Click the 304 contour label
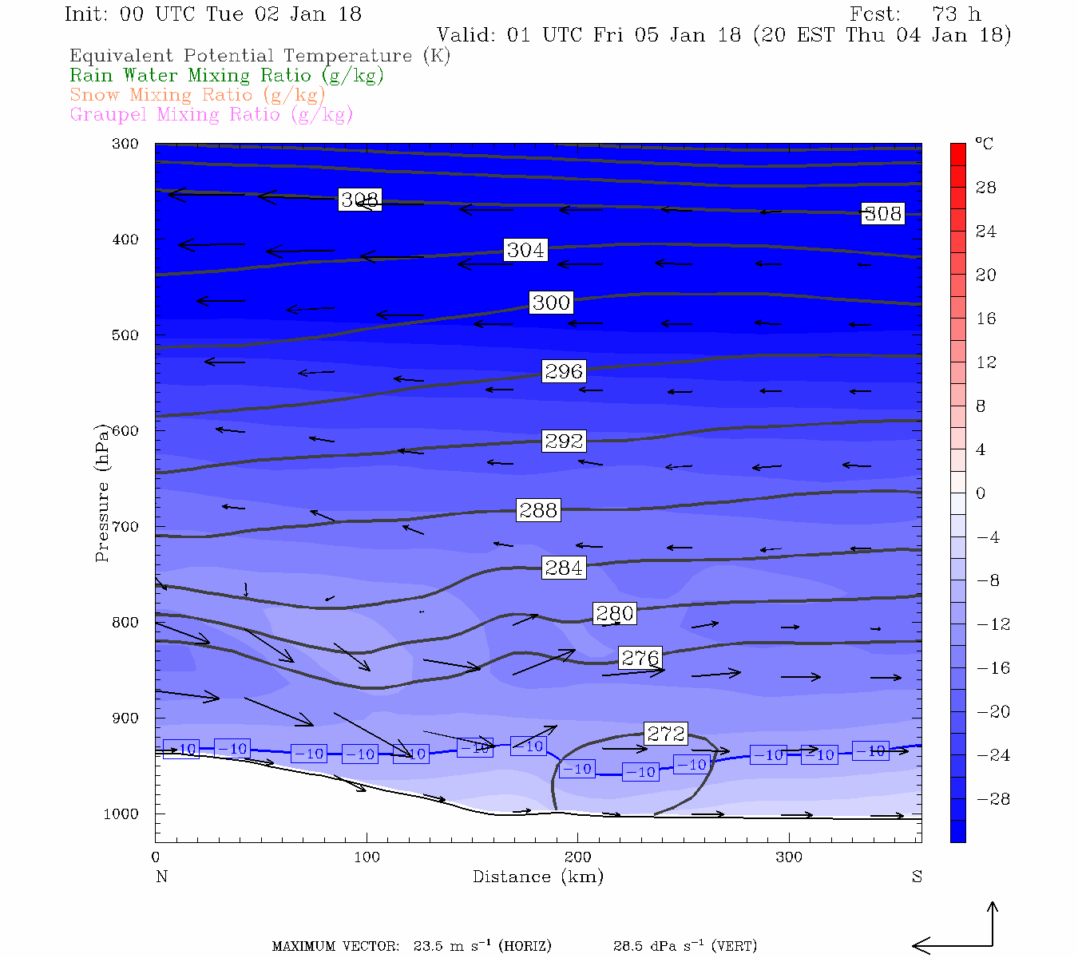coord(525,250)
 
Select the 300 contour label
coord(551,303)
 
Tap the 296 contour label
coord(564,371)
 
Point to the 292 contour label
coord(564,441)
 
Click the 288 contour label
coord(538,510)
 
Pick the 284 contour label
coord(564,568)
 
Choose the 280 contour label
coord(615,613)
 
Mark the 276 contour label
coord(640,658)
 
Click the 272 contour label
coord(666,734)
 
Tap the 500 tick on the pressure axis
coord(126,335)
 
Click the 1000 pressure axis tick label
coord(121,814)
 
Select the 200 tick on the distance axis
coord(578,857)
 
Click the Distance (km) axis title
coord(538,877)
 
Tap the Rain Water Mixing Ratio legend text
coord(227,76)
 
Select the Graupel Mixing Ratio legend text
coord(212,114)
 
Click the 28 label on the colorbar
coord(986,188)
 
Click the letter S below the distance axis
coord(917,877)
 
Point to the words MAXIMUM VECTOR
coord(335,947)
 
